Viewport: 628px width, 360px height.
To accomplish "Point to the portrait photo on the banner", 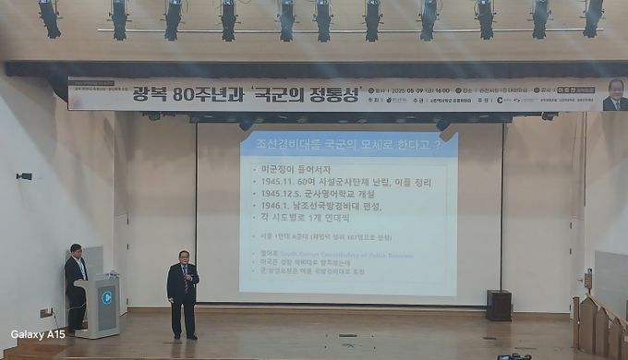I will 615,94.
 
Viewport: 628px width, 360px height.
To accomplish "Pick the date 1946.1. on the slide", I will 276,209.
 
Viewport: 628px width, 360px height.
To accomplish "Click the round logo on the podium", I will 106,298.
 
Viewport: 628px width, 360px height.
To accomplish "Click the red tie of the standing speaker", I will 185,280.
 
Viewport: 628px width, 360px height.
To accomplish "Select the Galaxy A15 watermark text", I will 38,334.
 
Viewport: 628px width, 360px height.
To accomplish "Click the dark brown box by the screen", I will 499,306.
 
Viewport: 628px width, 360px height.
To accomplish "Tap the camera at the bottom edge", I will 513,356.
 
